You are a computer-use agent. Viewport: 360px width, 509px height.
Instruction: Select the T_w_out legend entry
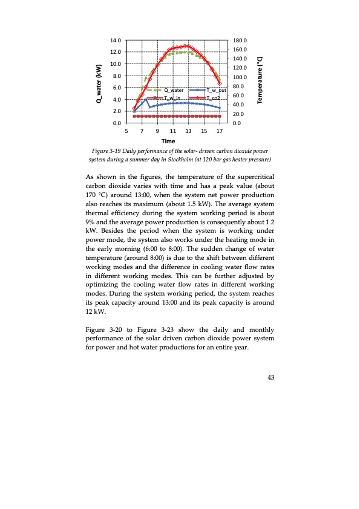click(215, 90)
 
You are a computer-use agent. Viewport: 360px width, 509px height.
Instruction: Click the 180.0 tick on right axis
click(240, 40)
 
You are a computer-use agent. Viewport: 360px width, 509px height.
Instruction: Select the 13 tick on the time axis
click(188, 131)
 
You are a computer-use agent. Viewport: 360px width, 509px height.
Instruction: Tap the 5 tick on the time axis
click(126, 131)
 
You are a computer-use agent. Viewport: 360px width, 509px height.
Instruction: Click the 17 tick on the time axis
click(220, 131)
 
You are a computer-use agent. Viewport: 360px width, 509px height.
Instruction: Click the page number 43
click(270, 378)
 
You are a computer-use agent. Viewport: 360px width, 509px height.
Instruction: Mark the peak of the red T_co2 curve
click(188, 45)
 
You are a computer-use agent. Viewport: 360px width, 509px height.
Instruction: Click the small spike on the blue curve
click(146, 100)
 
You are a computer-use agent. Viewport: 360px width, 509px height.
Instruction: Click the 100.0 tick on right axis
click(240, 77)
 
